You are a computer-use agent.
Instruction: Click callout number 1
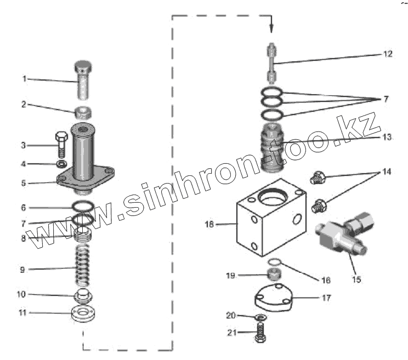pos(24,78)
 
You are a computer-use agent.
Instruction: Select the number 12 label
pos(388,54)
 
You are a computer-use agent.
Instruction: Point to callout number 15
pos(356,279)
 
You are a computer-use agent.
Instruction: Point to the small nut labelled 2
pos(83,113)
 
